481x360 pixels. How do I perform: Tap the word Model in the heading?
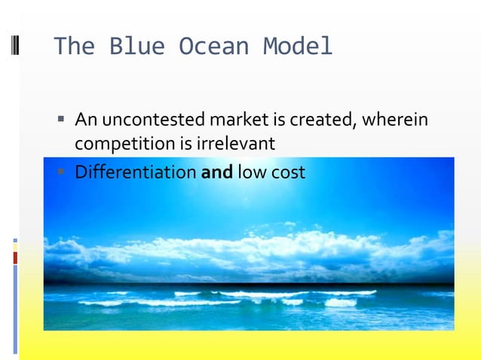tap(298, 47)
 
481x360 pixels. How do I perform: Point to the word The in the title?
tap(74, 47)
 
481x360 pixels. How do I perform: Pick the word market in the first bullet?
tap(236, 120)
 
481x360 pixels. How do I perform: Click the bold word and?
tap(217, 172)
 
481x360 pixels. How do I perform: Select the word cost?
tap(289, 172)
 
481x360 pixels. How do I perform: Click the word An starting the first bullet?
tap(85, 120)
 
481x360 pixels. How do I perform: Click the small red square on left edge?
tap(15, 258)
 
